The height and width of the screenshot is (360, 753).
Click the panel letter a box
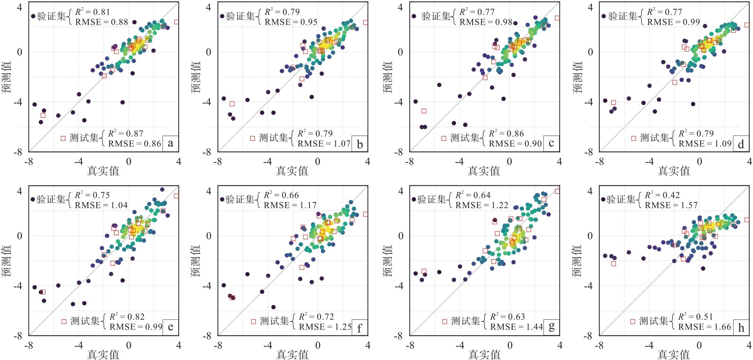pyautogui.click(x=170, y=143)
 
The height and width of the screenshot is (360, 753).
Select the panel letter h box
pyautogui.click(x=741, y=327)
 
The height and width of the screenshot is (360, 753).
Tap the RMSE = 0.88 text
pyautogui.click(x=102, y=22)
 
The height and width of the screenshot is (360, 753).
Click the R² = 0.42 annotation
pyautogui.click(x=662, y=195)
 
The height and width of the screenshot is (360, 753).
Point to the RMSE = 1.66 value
pyautogui.click(x=705, y=327)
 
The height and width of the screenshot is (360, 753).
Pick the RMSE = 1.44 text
pyautogui.click(x=516, y=327)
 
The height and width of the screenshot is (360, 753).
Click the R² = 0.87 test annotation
pyautogui.click(x=125, y=134)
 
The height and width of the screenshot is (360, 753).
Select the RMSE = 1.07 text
pyautogui.click(x=324, y=144)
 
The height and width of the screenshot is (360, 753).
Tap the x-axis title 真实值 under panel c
pyautogui.click(x=483, y=171)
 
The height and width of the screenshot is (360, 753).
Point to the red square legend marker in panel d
pyautogui.click(x=633, y=138)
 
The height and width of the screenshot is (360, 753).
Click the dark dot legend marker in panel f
pyautogui.click(x=222, y=199)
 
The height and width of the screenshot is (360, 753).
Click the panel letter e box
pyautogui.click(x=170, y=327)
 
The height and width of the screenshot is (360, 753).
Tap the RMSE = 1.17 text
pyautogui.click(x=290, y=205)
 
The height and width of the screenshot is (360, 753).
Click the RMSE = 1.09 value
pyautogui.click(x=705, y=144)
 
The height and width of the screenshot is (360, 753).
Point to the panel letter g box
pyautogui.click(x=551, y=327)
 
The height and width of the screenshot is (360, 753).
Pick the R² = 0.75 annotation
pyautogui.click(x=92, y=195)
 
